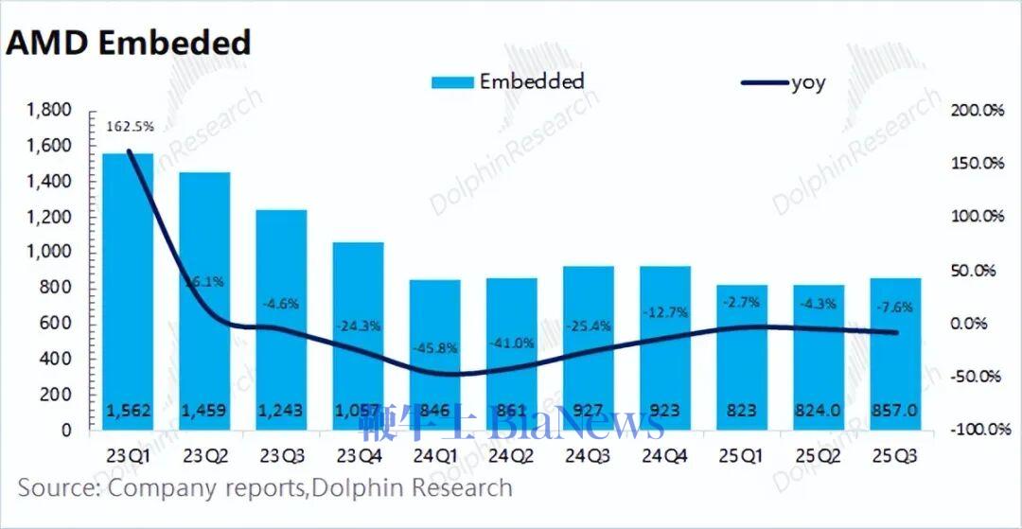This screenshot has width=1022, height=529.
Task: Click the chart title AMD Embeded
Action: (x=129, y=43)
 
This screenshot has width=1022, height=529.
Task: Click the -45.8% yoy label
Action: (x=434, y=347)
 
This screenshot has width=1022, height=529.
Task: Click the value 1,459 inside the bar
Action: (x=204, y=412)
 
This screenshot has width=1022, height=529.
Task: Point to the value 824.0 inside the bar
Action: (x=819, y=412)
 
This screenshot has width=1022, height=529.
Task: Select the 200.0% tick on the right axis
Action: (x=976, y=111)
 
